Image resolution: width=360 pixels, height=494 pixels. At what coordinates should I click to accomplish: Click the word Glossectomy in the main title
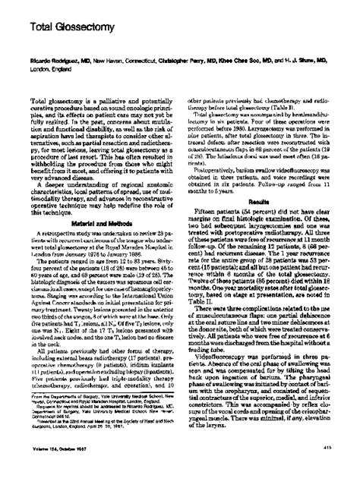73,27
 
